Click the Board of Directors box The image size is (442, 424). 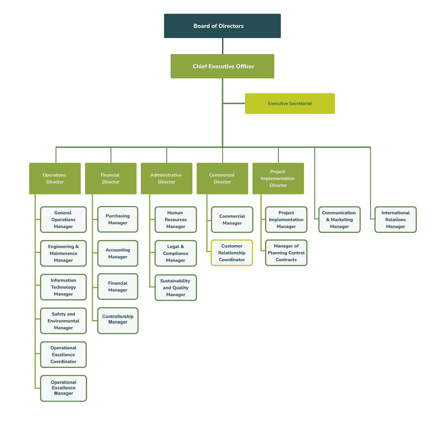[x=222, y=26]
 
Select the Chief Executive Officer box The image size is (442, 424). [x=222, y=66]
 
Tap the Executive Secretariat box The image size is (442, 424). [x=290, y=104]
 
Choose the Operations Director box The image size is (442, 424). [x=55, y=179]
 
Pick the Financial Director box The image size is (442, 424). [x=111, y=179]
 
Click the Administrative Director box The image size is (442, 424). [x=167, y=179]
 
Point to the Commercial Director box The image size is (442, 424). [x=222, y=179]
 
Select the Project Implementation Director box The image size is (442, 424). [x=278, y=179]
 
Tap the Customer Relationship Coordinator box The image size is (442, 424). [x=232, y=253]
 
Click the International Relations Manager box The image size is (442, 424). [x=396, y=219]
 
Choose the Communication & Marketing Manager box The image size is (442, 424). [x=340, y=219]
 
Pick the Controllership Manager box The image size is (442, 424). [x=118, y=321]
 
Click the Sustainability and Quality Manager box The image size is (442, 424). [x=176, y=288]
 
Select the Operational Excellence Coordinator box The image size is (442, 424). [x=64, y=355]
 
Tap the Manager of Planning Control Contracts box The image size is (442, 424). [x=286, y=253]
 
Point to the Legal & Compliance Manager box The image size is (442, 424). [x=176, y=253]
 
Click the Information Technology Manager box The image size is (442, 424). [x=64, y=287]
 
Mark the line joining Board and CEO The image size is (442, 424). [x=223, y=46]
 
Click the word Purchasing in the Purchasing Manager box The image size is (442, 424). [x=118, y=216]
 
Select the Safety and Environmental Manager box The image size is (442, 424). [x=64, y=321]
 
